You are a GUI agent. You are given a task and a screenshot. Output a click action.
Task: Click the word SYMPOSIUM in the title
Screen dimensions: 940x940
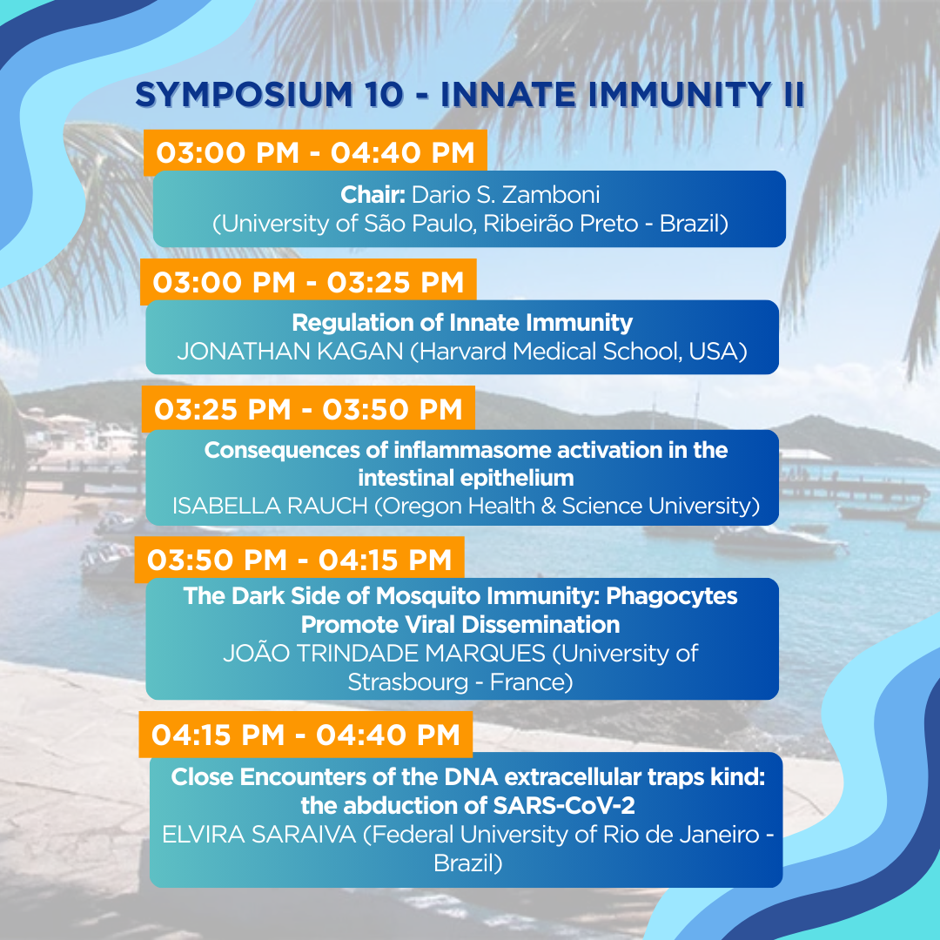[244, 95]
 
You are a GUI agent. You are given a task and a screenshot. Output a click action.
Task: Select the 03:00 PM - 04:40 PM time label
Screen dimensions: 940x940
[315, 152]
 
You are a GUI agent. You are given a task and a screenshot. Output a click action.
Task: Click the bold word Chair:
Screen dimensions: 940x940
[373, 194]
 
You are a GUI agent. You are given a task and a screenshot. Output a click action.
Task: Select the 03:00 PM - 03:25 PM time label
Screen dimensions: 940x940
[308, 282]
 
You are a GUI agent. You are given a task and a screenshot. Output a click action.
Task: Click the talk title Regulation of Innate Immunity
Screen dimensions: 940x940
[462, 323]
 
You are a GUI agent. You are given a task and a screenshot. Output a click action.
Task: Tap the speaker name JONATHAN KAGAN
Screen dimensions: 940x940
[290, 352]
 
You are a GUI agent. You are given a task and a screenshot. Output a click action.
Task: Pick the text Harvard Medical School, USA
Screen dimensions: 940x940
[579, 352]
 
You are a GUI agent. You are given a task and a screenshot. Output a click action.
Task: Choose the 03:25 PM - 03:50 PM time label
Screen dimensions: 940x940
[308, 409]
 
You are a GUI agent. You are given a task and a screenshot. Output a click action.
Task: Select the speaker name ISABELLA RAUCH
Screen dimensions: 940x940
[270, 506]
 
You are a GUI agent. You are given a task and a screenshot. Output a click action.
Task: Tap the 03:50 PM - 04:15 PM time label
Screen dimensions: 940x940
[299, 560]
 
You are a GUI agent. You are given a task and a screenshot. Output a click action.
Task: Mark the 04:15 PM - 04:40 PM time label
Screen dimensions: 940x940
[305, 735]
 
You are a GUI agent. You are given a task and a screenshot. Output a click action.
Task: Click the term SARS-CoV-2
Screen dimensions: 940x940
[563, 806]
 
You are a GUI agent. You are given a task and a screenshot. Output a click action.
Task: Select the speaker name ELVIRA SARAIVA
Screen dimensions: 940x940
[259, 835]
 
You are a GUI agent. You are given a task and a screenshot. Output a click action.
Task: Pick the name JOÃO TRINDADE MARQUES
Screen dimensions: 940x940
[385, 653]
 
